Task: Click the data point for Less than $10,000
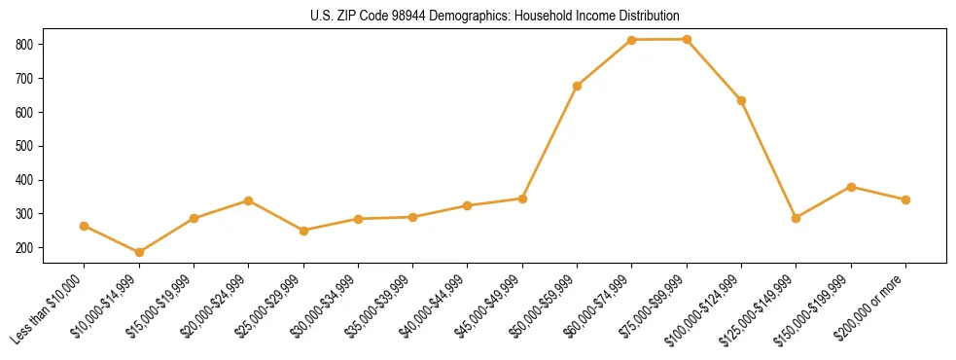[85, 226]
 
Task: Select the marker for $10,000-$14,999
[139, 253]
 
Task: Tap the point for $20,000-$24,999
[249, 200]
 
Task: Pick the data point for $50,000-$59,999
[578, 86]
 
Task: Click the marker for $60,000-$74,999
[632, 40]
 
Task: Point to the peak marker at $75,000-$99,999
[687, 39]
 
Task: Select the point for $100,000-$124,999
[742, 100]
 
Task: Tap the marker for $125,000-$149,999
[797, 218]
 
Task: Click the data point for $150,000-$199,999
[851, 187]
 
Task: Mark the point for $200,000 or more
[906, 199]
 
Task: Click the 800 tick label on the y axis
[26, 45]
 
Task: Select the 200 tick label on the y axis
[26, 248]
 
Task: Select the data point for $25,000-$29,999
[303, 231]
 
